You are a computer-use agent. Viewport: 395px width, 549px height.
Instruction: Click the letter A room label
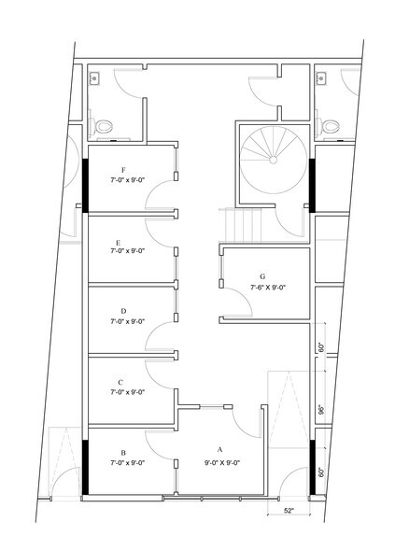click(220, 449)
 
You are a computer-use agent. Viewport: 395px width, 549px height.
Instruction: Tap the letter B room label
click(123, 453)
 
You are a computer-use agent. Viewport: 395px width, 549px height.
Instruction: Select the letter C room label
click(120, 382)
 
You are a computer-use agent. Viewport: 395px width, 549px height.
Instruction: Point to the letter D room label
click(123, 311)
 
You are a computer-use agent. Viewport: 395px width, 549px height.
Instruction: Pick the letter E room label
click(118, 243)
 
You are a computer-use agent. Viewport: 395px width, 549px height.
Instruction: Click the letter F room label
click(123, 170)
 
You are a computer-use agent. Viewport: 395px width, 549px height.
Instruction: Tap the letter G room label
click(262, 276)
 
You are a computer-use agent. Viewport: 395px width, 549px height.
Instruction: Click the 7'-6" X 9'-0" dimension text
click(268, 288)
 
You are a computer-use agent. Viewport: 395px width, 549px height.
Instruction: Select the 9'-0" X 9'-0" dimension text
click(222, 462)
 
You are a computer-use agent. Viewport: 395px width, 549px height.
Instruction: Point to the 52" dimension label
click(289, 511)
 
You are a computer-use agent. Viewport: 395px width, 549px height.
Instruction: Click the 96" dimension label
click(322, 410)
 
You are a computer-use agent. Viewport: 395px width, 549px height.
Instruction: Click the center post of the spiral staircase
click(273, 160)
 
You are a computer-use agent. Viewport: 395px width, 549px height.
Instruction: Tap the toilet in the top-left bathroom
click(101, 126)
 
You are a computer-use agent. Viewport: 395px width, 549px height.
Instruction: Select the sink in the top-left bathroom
click(93, 77)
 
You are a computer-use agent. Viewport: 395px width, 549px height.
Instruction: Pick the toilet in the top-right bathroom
click(328, 126)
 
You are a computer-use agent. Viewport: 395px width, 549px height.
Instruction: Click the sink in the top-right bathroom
click(321, 77)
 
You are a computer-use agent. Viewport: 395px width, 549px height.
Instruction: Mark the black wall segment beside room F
click(85, 186)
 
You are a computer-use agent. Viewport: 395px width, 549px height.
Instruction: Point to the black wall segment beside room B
click(85, 468)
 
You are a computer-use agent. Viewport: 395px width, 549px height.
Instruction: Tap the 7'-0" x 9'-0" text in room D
click(127, 321)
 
